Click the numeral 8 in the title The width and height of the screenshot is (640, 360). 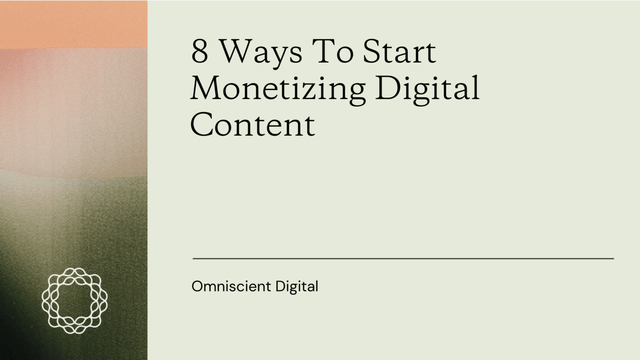point(200,51)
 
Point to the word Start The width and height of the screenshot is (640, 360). point(400,51)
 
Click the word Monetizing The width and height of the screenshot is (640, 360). point(278,90)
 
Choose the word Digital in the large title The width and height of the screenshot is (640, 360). point(427,90)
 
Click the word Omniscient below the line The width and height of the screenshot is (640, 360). point(231,286)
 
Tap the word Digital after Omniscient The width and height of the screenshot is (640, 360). point(297,287)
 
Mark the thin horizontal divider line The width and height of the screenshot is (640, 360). point(403,259)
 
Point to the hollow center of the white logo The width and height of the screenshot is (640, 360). point(75,301)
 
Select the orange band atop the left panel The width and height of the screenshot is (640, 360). point(74,24)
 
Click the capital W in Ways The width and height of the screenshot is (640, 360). point(237,51)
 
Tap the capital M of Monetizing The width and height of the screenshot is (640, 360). point(206,88)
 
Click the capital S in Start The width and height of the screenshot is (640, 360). point(370,51)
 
